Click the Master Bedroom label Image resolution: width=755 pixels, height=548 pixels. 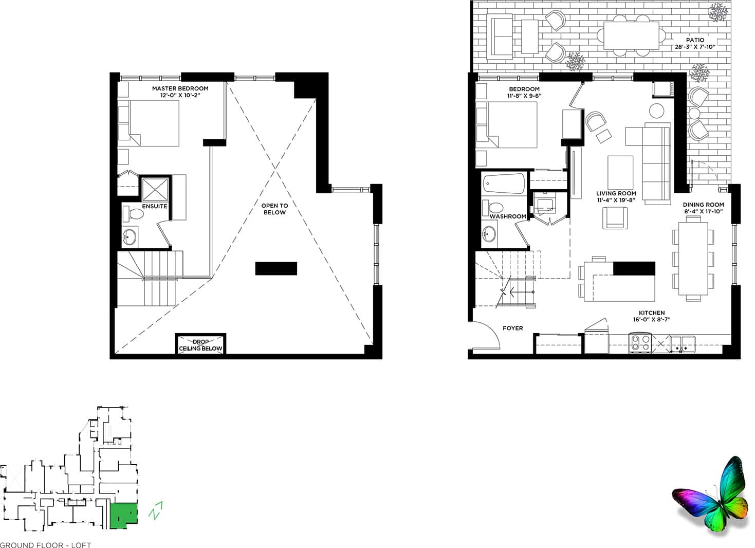[180, 88]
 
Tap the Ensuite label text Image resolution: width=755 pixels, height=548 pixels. [155, 207]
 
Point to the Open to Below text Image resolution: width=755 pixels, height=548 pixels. [274, 209]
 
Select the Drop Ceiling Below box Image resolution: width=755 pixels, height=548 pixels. [200, 344]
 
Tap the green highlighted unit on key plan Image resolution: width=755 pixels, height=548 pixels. [124, 515]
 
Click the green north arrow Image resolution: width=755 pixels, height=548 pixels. [156, 511]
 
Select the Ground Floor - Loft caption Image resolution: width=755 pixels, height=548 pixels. [46, 544]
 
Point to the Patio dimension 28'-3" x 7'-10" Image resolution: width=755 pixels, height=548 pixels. [695, 47]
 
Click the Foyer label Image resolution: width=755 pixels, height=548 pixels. [512, 328]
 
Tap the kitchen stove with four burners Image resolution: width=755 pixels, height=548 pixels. [640, 343]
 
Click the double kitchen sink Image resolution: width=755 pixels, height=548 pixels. [682, 343]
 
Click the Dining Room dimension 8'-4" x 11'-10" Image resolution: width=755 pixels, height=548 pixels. [703, 211]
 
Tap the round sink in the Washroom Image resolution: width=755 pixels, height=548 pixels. [489, 235]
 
